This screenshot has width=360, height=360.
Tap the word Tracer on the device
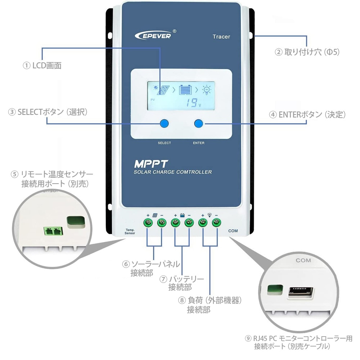tap(221, 37)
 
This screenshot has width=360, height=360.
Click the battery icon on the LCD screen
tap(184, 90)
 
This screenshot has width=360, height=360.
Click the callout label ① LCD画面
tap(42, 66)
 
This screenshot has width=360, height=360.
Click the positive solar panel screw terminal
tap(148, 222)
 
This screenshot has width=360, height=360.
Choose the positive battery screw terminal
tap(175, 222)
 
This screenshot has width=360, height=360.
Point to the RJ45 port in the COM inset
tap(299, 292)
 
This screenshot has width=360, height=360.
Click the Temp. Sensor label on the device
tap(130, 231)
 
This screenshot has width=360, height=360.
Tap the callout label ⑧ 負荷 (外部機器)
tap(210, 300)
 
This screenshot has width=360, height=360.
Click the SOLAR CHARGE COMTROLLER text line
tap(173, 172)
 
